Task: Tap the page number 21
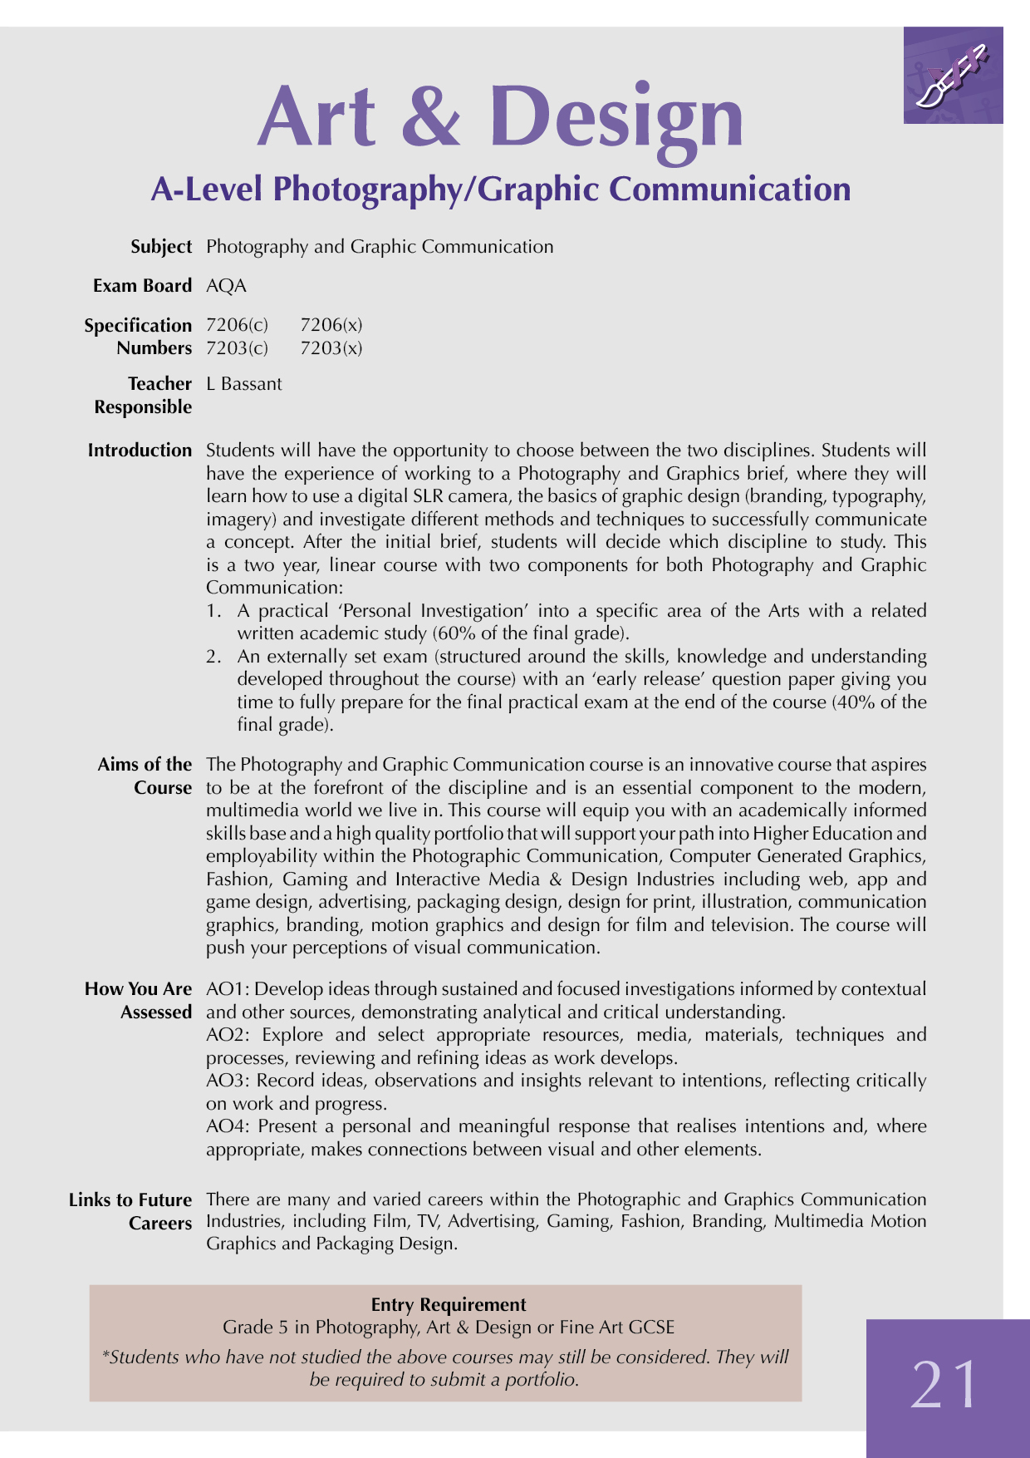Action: click(945, 1385)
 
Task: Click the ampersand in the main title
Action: click(431, 117)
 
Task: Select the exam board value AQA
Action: click(227, 286)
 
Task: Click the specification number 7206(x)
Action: click(331, 325)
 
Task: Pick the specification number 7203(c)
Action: click(238, 348)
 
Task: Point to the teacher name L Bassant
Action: click(244, 384)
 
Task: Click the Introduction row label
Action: click(140, 451)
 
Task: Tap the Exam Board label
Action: click(142, 286)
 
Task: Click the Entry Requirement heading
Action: click(449, 1304)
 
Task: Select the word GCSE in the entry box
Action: click(651, 1327)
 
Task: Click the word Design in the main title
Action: click(616, 117)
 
